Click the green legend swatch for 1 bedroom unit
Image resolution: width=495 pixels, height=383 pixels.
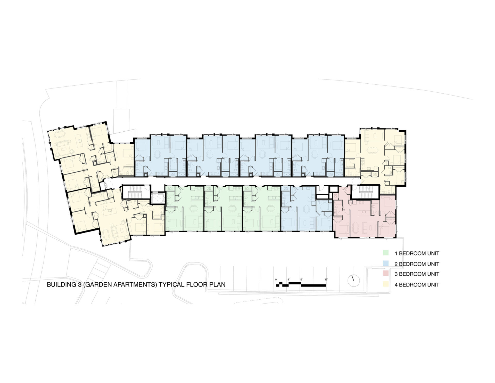386,252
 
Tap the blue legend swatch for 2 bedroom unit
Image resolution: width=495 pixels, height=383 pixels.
386,263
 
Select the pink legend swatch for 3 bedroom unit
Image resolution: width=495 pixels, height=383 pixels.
386,273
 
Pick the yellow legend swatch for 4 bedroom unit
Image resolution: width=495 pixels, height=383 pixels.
386,284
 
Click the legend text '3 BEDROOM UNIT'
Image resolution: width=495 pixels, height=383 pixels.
417,274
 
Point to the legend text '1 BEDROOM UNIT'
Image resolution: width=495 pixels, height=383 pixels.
417,253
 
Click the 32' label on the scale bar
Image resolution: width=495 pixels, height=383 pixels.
326,280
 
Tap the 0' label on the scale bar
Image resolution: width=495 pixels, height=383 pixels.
276,280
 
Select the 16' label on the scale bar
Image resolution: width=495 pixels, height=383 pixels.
301,280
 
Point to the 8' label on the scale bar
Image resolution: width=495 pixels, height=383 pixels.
288,280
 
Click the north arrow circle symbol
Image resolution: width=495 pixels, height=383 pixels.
353,280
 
